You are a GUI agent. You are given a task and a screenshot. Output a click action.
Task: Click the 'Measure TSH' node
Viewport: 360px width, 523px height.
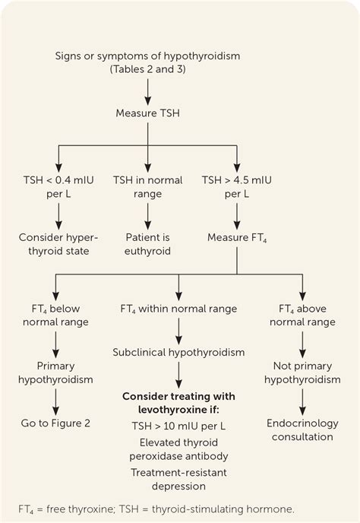[x=148, y=113]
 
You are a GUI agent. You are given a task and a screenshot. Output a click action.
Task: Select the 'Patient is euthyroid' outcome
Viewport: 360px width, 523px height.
[x=148, y=244]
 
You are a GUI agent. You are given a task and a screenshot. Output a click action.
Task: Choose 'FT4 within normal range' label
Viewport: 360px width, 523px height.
[x=178, y=309]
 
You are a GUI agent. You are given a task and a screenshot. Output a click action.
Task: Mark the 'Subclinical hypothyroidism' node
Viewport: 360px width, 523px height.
[x=178, y=353]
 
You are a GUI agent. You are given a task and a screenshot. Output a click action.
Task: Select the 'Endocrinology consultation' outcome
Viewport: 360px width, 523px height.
[x=302, y=429]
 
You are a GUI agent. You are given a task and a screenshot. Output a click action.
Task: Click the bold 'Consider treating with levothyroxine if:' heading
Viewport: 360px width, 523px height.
[x=178, y=403]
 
